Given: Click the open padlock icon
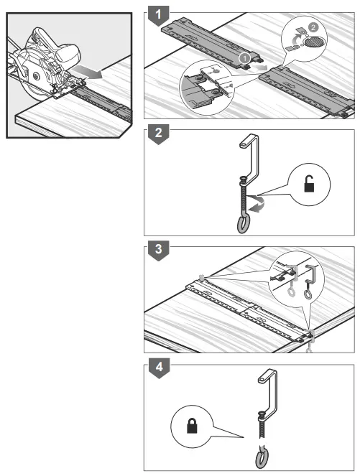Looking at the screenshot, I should coord(310,186).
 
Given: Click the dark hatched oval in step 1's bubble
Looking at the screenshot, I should coord(313,42).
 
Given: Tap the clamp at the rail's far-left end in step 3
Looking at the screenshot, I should coord(202,277).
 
